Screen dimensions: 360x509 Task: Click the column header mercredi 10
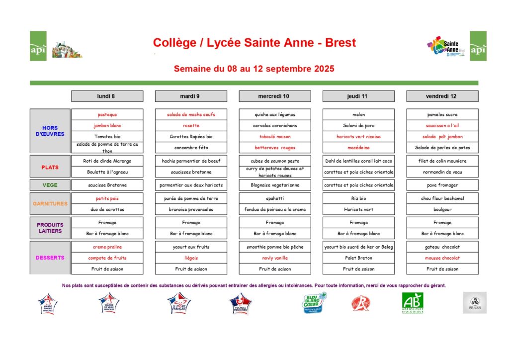(x=275, y=96)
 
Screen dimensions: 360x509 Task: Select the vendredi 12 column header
(x=442, y=96)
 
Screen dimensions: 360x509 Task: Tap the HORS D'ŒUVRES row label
(x=50, y=131)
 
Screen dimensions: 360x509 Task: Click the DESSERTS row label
(x=50, y=258)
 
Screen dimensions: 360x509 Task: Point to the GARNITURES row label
(x=50, y=203)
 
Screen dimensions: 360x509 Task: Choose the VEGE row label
(x=50, y=185)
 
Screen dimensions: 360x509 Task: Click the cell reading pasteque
(x=107, y=114)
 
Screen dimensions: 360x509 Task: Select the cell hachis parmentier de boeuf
(x=191, y=161)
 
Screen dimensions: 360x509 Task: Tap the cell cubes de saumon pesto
(x=275, y=161)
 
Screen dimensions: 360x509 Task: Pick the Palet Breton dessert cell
(x=358, y=258)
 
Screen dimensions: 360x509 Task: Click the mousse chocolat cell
(x=442, y=258)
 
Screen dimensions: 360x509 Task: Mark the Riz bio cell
(x=358, y=198)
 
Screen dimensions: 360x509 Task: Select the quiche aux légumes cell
(x=275, y=114)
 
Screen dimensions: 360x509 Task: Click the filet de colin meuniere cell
(x=442, y=161)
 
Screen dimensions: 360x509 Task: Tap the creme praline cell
(x=107, y=247)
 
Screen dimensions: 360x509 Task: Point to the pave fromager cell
(x=442, y=185)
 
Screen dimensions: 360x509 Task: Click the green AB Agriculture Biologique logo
(x=413, y=302)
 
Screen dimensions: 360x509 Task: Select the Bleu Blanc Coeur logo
(x=315, y=302)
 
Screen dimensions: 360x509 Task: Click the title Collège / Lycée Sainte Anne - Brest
(x=254, y=43)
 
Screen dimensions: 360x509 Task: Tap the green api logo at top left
(x=38, y=46)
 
